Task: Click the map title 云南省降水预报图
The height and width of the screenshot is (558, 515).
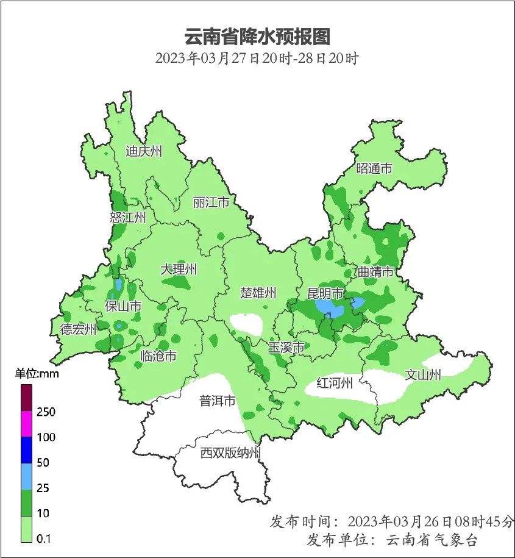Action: [x=257, y=37]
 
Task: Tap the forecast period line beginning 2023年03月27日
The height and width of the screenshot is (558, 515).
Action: [x=257, y=59]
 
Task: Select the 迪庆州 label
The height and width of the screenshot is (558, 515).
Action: [x=144, y=151]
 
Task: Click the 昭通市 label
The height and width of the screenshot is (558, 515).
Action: [x=374, y=168]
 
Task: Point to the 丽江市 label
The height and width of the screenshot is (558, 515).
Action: [x=211, y=202]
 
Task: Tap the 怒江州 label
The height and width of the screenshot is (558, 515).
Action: [x=128, y=218]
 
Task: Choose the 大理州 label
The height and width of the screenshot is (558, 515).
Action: [x=179, y=269]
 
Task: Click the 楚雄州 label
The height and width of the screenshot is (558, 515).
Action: [x=258, y=293]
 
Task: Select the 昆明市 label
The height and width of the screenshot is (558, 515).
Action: [x=325, y=293]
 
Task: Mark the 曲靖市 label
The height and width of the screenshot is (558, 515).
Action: [x=375, y=271]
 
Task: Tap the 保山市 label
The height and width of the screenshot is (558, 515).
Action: [x=123, y=306]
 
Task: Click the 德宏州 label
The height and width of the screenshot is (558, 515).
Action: [x=78, y=330]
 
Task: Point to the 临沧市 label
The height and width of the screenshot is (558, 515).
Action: [x=158, y=356]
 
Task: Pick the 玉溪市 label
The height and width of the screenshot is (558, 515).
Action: [x=286, y=348]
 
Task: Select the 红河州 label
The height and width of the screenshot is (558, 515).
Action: [x=335, y=384]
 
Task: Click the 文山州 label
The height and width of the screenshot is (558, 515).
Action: [x=423, y=375]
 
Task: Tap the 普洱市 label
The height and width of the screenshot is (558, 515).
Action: [x=218, y=401]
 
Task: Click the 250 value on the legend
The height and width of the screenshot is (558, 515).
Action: [x=46, y=412]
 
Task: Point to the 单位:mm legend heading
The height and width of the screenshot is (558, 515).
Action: [x=37, y=374]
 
